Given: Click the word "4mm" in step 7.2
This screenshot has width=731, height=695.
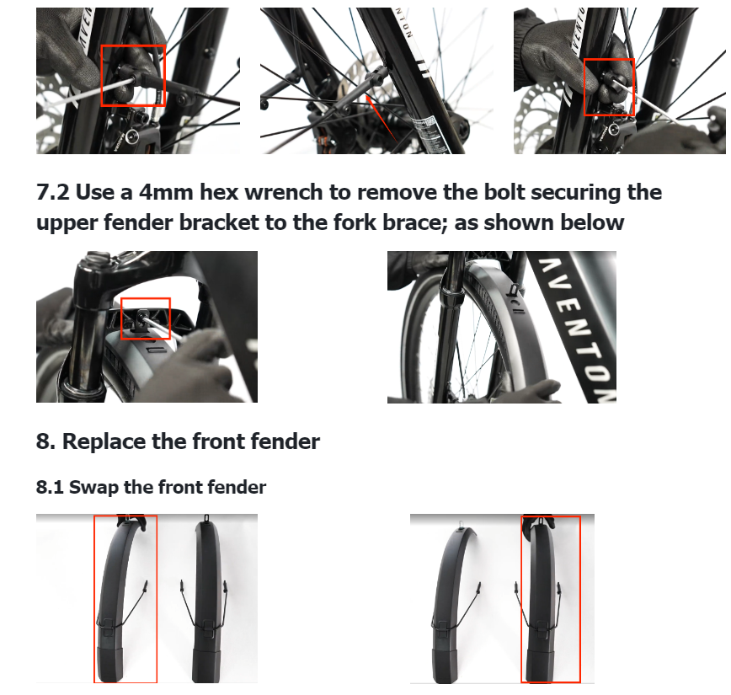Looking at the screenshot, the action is pyautogui.click(x=166, y=192).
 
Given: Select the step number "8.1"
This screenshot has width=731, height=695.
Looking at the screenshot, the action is pyautogui.click(x=50, y=488).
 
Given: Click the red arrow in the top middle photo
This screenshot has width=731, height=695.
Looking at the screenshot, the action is pyautogui.click(x=382, y=119).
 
